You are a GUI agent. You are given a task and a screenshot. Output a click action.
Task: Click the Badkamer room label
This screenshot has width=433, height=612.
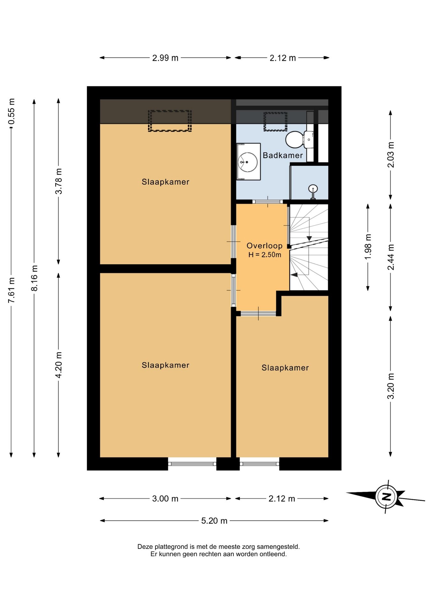click(x=283, y=155)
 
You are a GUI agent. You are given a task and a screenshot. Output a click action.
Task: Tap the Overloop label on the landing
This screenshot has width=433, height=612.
click(x=264, y=246)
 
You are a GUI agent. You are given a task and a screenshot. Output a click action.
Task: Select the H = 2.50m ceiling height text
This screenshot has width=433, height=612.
click(x=265, y=255)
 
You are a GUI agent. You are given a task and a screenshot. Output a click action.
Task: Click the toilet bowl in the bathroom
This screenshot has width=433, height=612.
click(x=294, y=140)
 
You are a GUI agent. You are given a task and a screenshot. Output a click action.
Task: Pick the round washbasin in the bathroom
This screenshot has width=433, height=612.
click(x=248, y=162)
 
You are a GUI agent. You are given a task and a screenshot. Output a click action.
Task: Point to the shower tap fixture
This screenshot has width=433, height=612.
click(x=313, y=192)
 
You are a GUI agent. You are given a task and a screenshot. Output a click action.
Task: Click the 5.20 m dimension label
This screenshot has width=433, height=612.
click(x=214, y=521)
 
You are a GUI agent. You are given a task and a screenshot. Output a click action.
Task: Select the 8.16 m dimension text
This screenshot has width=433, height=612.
click(x=34, y=278)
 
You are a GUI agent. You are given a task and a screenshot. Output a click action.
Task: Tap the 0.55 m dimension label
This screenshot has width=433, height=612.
click(x=11, y=112)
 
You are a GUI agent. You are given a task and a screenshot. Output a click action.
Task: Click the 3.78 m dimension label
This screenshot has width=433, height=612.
click(x=59, y=181)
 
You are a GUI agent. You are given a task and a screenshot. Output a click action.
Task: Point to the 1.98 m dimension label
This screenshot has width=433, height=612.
click(x=368, y=247)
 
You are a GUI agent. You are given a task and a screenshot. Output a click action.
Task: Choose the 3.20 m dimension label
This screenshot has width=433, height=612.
click(x=391, y=386)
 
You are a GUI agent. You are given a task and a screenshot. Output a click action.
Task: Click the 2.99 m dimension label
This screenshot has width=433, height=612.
click(x=165, y=58)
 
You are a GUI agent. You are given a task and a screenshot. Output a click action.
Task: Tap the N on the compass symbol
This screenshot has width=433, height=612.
click(x=386, y=497)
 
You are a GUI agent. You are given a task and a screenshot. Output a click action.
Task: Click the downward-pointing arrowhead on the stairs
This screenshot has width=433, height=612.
click(x=309, y=238)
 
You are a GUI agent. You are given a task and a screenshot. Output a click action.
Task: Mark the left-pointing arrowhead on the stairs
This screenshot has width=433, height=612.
click(x=294, y=274)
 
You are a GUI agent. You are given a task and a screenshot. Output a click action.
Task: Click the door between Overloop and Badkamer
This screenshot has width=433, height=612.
click(x=268, y=201)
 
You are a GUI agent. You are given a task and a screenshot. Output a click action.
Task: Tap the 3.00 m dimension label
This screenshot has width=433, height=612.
click(x=165, y=499)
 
